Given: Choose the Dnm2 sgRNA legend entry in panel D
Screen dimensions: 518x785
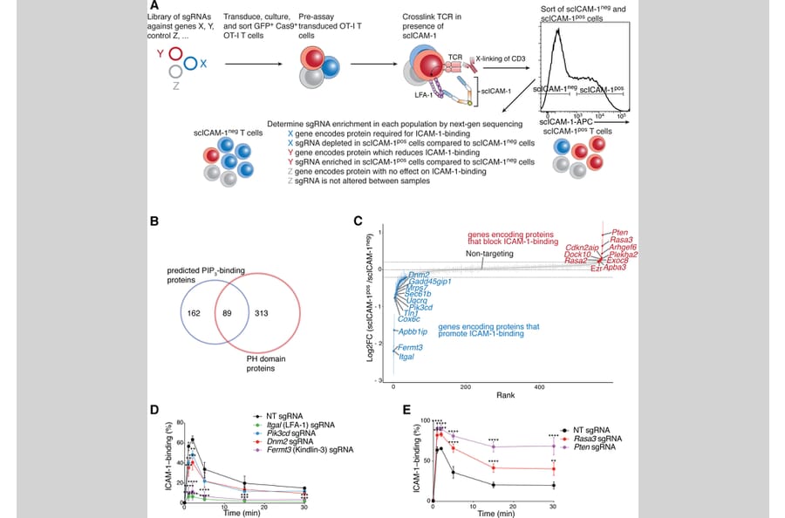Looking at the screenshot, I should pyautogui.click(x=292, y=441).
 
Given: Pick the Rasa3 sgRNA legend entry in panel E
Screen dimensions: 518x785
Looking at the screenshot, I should pyautogui.click(x=603, y=438).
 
